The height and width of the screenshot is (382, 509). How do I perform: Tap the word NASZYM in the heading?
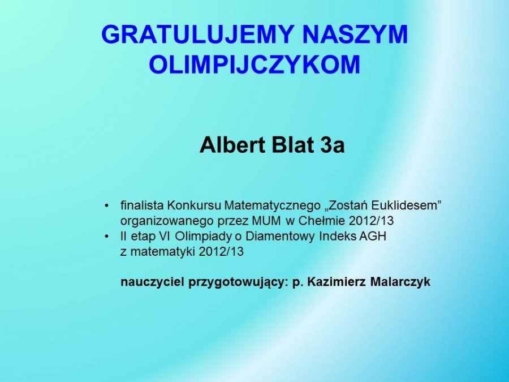[355, 34]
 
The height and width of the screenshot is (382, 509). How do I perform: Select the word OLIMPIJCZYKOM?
[255, 64]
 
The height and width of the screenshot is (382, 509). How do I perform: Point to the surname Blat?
[294, 145]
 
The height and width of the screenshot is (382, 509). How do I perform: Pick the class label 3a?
[333, 145]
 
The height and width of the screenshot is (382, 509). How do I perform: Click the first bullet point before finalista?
[106, 206]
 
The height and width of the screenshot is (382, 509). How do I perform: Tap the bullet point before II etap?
[106, 237]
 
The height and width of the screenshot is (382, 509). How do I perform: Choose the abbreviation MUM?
[266, 221]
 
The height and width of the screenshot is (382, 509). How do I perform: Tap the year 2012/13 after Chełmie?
[371, 221]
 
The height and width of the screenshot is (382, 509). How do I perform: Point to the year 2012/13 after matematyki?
[221, 252]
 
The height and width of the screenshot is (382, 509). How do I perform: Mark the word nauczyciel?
[153, 282]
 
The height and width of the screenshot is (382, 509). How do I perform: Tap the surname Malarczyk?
[400, 282]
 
